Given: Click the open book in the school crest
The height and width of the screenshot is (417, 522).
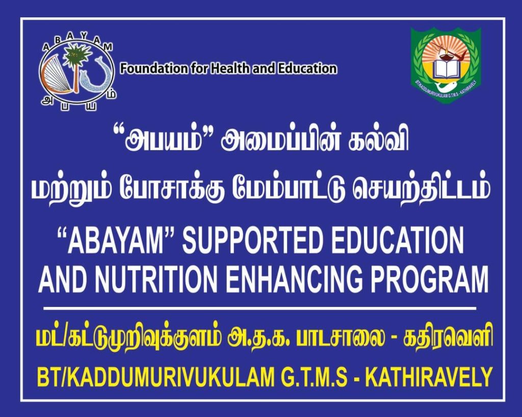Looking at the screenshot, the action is click(x=446, y=69).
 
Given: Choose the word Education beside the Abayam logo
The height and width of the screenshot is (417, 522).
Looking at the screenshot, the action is click(x=307, y=69).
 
